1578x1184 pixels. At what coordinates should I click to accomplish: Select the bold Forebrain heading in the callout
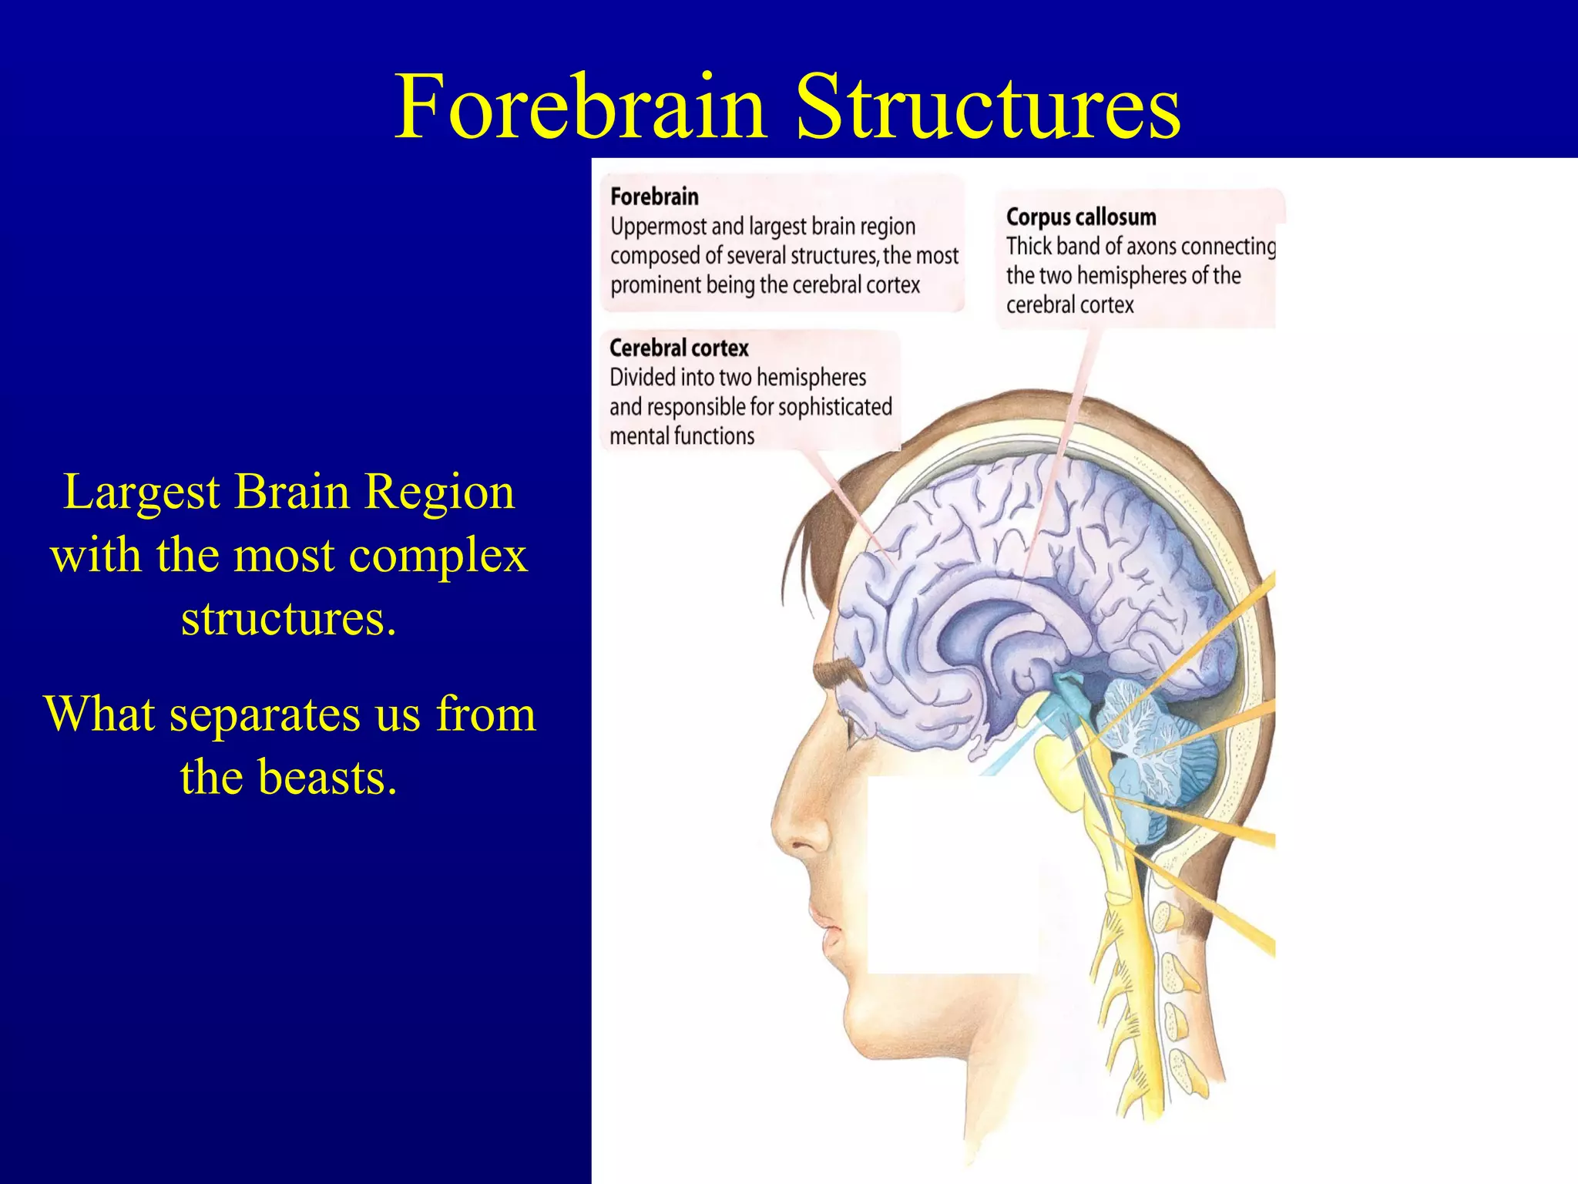point(654,197)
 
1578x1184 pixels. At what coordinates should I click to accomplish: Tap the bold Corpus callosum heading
point(1080,217)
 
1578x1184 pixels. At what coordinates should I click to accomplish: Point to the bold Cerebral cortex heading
point(679,348)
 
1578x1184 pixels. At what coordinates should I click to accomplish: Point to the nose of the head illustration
point(790,832)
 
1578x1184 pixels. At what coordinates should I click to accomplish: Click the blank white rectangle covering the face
point(954,874)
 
